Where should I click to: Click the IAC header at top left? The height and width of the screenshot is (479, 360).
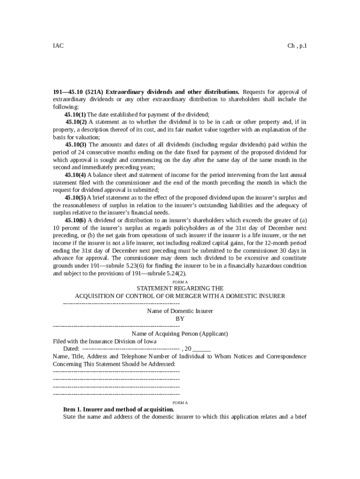click(x=58, y=46)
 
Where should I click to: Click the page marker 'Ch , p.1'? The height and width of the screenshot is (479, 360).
click(x=297, y=46)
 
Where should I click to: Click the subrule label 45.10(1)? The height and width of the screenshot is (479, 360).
click(x=75, y=115)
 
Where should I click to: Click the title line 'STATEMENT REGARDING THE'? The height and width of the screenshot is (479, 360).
click(x=180, y=289)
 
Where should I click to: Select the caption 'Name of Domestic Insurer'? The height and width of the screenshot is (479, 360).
click(x=180, y=311)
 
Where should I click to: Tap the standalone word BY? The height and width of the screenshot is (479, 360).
click(x=180, y=319)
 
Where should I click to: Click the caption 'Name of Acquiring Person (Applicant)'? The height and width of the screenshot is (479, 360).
click(x=180, y=334)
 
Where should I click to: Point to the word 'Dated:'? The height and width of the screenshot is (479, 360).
click(x=72, y=349)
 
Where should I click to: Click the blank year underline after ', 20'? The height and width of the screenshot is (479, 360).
click(x=202, y=349)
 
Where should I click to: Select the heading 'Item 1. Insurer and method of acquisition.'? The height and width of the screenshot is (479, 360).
click(x=119, y=409)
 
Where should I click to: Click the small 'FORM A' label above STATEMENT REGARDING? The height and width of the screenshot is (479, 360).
click(x=180, y=282)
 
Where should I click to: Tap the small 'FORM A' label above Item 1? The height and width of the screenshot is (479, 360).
click(x=180, y=402)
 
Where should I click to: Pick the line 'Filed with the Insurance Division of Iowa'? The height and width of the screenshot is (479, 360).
click(x=105, y=341)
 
